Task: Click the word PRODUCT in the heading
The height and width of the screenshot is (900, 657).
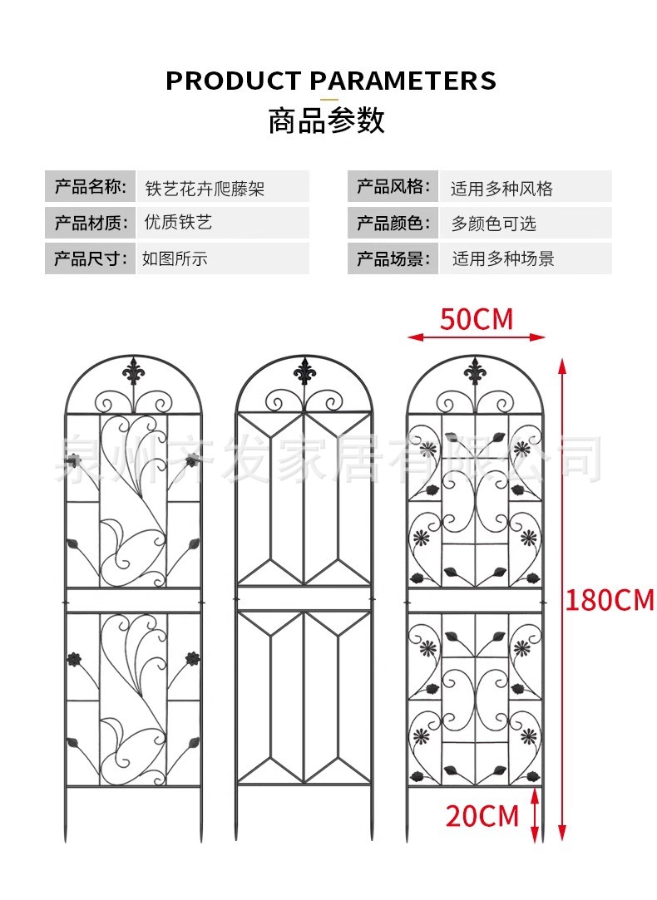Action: (233, 81)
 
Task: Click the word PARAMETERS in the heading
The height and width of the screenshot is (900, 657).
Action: (403, 81)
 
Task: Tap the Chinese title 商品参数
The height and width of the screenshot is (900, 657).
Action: (327, 121)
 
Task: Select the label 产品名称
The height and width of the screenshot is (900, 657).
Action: (89, 186)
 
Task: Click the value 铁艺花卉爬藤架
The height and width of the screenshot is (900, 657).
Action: (205, 189)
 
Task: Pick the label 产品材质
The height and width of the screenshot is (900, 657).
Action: (89, 223)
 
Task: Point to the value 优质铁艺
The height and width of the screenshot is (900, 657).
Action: (178, 223)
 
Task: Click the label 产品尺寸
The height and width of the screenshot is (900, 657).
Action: (89, 258)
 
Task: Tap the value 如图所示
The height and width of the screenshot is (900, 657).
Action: (175, 258)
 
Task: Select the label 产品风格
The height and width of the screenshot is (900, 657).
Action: (392, 186)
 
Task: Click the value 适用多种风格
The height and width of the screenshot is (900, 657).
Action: (501, 189)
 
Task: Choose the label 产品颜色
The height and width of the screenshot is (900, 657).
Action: (392, 223)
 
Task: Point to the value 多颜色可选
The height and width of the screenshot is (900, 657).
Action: (494, 224)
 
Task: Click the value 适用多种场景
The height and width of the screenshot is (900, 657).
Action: (502, 258)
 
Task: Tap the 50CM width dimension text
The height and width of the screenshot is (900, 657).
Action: (477, 319)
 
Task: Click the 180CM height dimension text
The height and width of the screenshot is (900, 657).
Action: (610, 600)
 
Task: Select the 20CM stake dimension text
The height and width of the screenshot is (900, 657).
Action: (482, 816)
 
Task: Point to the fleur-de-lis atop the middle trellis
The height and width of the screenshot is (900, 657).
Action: (304, 371)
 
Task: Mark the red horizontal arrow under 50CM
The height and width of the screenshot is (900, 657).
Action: (477, 337)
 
